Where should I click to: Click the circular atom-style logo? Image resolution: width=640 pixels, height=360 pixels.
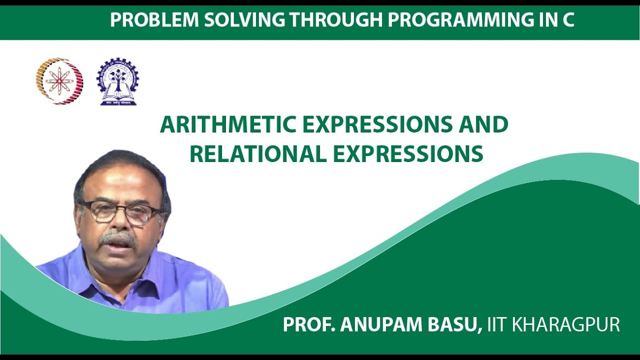pyautogui.click(x=59, y=81)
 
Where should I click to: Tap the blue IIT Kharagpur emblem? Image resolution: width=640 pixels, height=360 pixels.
pyautogui.click(x=118, y=81)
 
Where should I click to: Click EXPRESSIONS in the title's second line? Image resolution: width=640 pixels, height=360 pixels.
pyautogui.click(x=408, y=154)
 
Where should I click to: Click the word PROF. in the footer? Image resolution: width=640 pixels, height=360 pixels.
pyautogui.click(x=308, y=324)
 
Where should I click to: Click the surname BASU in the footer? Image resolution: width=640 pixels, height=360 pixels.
pyautogui.click(x=452, y=324)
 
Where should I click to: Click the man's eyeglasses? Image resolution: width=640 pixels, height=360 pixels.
pyautogui.click(x=120, y=212)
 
